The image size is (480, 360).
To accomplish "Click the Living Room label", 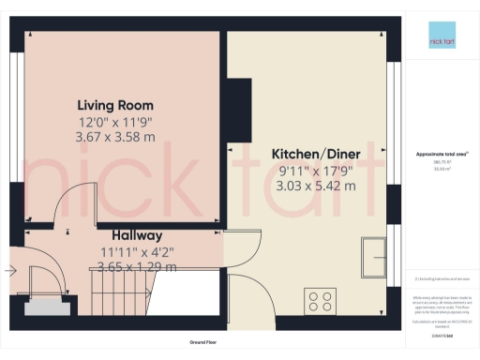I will [x=115, y=105].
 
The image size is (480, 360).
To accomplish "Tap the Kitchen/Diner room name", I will [x=314, y=154].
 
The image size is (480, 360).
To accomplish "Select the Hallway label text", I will [x=137, y=235].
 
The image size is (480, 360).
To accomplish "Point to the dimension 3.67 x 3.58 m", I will [x=115, y=138].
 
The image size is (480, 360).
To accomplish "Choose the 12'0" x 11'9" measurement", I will [x=115, y=122].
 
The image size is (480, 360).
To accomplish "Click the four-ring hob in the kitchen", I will [x=320, y=302].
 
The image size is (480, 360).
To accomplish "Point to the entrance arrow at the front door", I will [x=9, y=272].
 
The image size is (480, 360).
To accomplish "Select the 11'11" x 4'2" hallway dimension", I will [x=137, y=251].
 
